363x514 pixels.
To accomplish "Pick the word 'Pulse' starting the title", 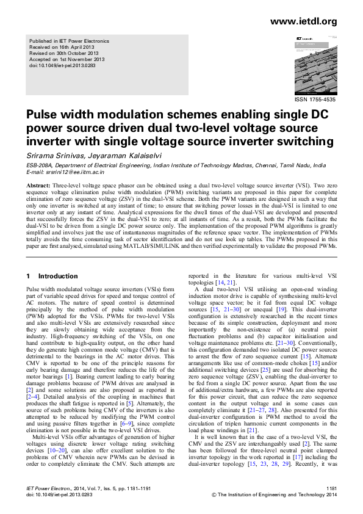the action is coord(43,114).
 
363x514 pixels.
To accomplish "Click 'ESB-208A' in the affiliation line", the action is coord(40,165).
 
